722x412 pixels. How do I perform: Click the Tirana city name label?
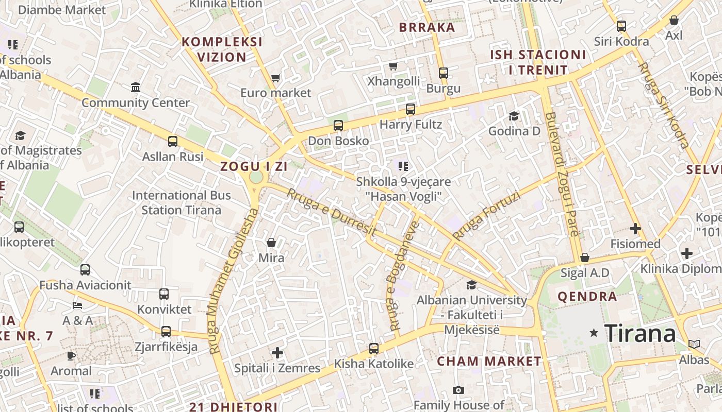[639, 334]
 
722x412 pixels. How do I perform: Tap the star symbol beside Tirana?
[594, 333]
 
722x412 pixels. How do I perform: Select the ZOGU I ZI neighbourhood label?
[254, 166]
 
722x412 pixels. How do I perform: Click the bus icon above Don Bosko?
[338, 125]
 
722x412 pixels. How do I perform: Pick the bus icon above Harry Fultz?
[411, 109]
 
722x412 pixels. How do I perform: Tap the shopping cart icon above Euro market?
[275, 78]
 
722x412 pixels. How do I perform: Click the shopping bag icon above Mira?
[271, 242]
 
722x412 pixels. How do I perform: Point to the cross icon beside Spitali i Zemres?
[277, 353]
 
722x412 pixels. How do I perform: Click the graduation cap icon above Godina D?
[514, 116]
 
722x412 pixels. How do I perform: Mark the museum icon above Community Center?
[136, 87]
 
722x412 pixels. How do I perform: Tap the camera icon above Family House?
[458, 390]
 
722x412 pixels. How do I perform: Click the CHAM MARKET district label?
[489, 362]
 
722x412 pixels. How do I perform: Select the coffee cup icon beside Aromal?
[71, 356]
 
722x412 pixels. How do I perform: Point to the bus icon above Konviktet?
[164, 294]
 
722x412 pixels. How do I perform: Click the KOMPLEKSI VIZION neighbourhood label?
[222, 49]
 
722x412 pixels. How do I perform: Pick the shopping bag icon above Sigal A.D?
[585, 257]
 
